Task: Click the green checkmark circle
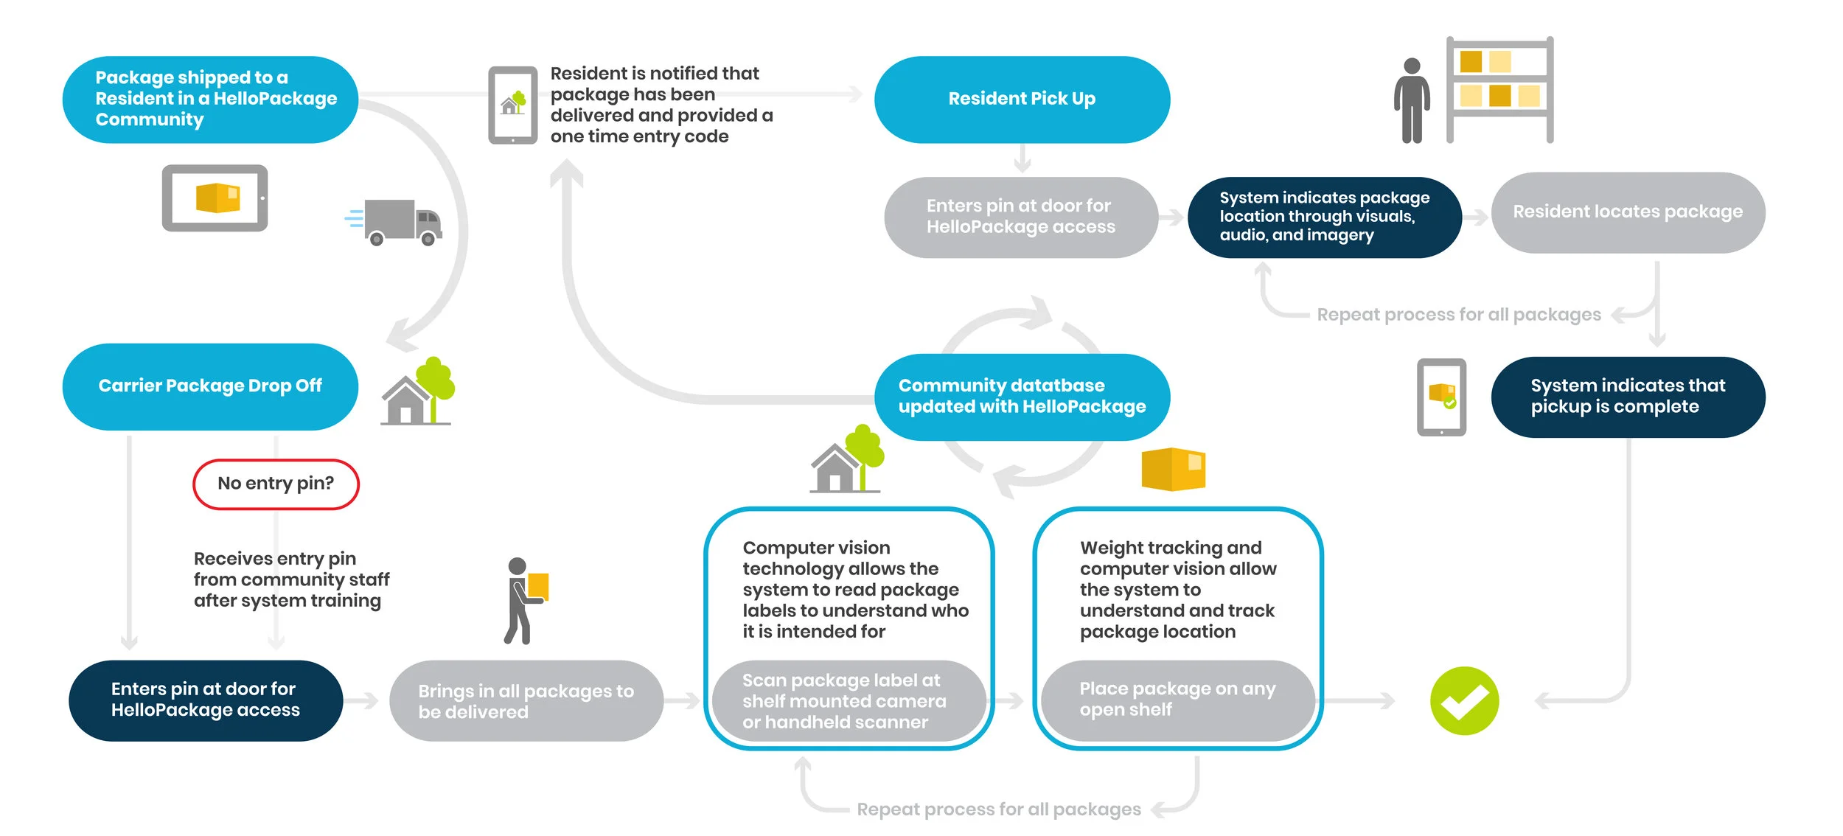point(1464,700)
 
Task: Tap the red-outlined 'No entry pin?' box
point(276,484)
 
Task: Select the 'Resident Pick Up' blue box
point(1022,99)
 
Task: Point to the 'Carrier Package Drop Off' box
point(210,386)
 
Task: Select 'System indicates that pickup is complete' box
point(1628,397)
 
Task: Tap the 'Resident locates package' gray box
point(1628,212)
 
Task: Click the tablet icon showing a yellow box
point(215,198)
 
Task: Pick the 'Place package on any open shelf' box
point(1177,700)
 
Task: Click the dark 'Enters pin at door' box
point(206,700)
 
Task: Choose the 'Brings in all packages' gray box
point(526,701)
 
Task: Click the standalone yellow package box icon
point(1173,469)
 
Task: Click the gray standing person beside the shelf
point(1411,100)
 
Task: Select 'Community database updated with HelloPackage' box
point(1022,397)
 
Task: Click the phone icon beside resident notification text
point(512,105)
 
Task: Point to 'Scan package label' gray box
point(848,701)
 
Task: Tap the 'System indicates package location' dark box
point(1324,217)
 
